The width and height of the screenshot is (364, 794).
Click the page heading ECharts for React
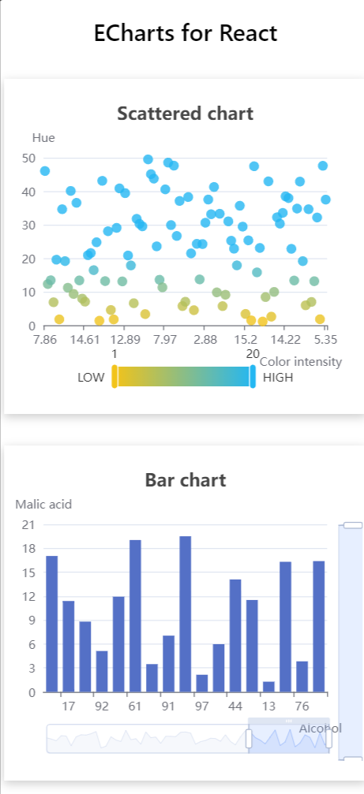[186, 33]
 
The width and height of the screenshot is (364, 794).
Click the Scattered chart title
[185, 113]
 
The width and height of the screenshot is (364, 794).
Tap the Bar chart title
[186, 479]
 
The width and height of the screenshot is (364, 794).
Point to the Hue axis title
[43, 137]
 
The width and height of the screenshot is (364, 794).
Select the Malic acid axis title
[43, 504]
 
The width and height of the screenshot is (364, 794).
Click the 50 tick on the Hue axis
[28, 158]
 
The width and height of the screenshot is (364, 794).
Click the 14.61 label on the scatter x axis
[84, 340]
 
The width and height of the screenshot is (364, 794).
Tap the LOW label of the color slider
[91, 378]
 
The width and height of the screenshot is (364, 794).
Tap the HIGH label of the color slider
[278, 378]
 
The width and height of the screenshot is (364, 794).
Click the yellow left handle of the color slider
[114, 377]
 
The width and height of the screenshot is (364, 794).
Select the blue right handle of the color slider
[253, 377]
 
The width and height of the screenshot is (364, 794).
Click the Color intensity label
[301, 362]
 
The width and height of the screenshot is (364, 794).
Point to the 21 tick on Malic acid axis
[28, 524]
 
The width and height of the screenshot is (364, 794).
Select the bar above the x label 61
[135, 616]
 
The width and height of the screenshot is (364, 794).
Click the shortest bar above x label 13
[268, 686]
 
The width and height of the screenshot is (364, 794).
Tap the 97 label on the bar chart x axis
[201, 706]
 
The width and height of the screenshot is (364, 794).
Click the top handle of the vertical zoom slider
[352, 524]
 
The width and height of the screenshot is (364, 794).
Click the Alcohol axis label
[320, 729]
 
